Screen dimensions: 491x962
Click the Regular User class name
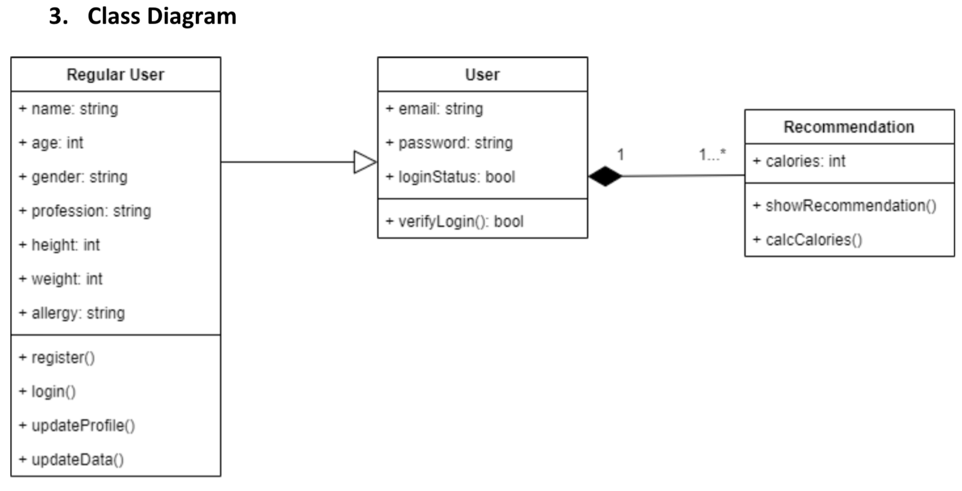pyautogui.click(x=115, y=74)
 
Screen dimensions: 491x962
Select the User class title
pyautogui.click(x=482, y=74)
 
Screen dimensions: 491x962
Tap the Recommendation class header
pyautogui.click(x=848, y=127)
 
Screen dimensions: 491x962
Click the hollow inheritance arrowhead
pyautogui.click(x=365, y=161)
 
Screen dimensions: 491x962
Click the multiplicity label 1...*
pyautogui.click(x=712, y=155)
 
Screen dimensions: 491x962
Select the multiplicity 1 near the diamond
pyautogui.click(x=621, y=155)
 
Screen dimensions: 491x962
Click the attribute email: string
pyautogui.click(x=434, y=109)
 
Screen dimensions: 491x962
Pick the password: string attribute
pyautogui.click(x=449, y=143)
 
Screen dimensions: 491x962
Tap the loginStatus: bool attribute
pyautogui.click(x=451, y=177)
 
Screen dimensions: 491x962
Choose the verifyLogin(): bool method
pyautogui.click(x=455, y=221)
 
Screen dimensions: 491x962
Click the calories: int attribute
pyautogui.click(x=799, y=161)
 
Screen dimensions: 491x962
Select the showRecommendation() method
pyautogui.click(x=844, y=206)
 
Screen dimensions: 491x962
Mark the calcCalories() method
pyautogui.click(x=808, y=239)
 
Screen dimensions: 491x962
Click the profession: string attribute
pyautogui.click(x=85, y=211)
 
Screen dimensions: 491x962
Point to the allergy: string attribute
pyautogui.click(x=72, y=313)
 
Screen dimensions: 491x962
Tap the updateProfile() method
pyautogui.click(x=77, y=426)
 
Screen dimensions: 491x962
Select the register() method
pyautogui.click(x=57, y=358)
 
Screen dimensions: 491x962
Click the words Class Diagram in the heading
pyautogui.click(x=162, y=16)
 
